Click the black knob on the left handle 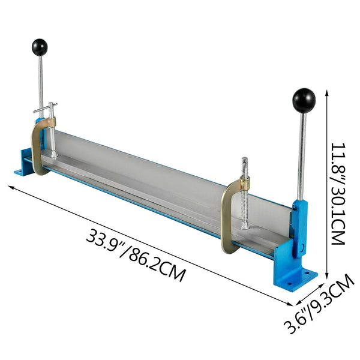pyautogui.click(x=40, y=46)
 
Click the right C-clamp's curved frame pyautogui.click(x=227, y=216)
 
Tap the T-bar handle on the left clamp pyautogui.click(x=45, y=110)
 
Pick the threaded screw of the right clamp pyautogui.click(x=244, y=204)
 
